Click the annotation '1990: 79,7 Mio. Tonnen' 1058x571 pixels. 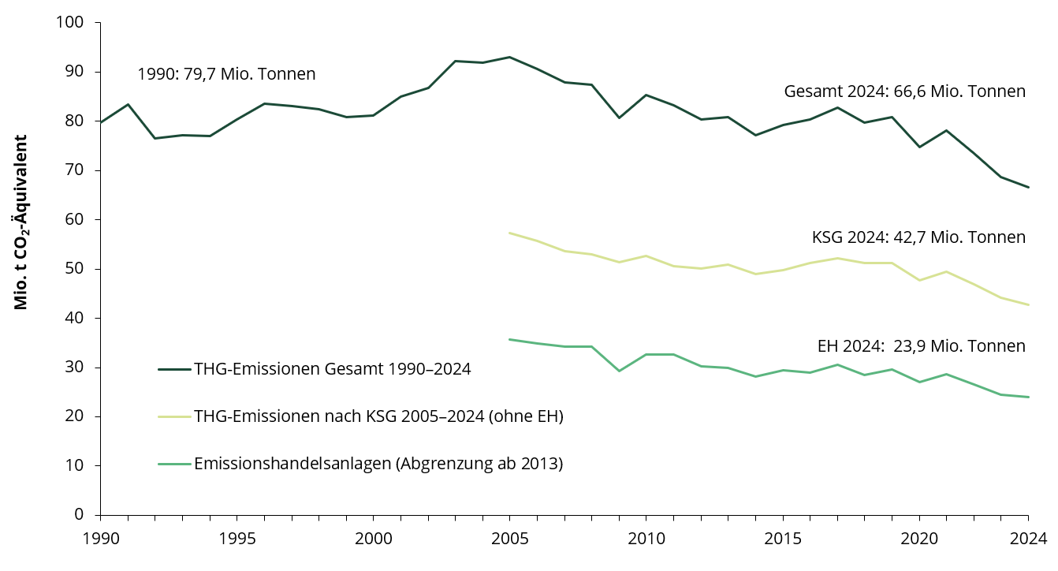(x=226, y=74)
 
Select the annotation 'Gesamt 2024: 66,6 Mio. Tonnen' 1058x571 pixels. (x=904, y=91)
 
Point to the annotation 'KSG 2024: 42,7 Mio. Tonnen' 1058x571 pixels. (x=918, y=237)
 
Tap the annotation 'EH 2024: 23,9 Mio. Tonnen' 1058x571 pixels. (x=921, y=346)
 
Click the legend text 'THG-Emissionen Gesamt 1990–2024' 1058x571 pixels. (x=332, y=369)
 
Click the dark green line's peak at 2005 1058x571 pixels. (x=509, y=57)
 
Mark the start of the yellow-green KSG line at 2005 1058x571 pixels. (x=509, y=233)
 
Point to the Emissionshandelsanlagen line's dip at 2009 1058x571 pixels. (x=619, y=371)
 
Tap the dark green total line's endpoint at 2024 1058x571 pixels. (x=1028, y=187)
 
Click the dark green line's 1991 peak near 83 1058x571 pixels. (x=128, y=104)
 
